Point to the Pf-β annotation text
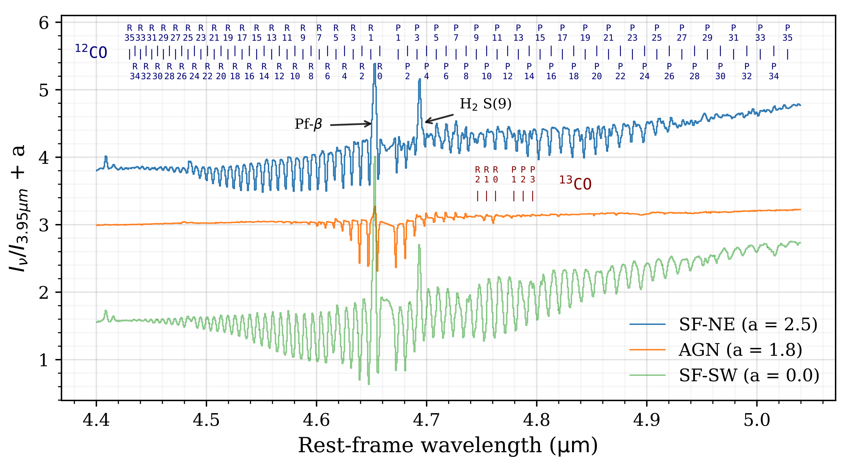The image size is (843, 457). [308, 124]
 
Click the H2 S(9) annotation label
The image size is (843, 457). [485, 104]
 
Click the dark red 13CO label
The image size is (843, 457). [575, 183]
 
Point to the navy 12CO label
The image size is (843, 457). [91, 52]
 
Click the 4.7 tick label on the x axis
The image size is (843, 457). [426, 420]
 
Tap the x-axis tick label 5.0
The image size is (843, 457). [757, 420]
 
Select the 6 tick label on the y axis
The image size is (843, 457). [43, 23]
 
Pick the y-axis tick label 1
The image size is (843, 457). [43, 360]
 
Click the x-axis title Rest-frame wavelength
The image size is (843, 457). [448, 445]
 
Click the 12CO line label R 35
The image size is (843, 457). [129, 33]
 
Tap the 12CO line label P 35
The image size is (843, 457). [787, 33]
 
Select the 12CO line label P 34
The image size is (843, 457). [774, 71]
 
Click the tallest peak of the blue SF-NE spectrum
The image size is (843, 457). [375, 65]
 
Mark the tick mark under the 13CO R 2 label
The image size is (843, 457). [478, 196]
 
